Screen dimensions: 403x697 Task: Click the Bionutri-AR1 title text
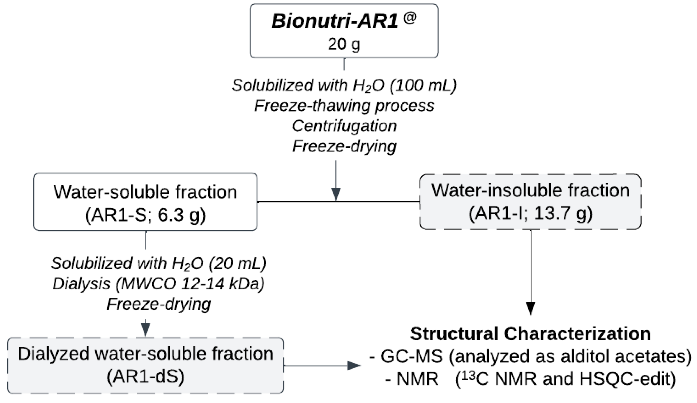(335, 22)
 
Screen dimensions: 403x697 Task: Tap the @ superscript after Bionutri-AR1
(410, 18)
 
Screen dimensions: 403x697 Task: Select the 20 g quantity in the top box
(344, 44)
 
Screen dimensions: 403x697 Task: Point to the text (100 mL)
(423, 85)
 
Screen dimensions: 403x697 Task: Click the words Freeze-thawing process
(344, 106)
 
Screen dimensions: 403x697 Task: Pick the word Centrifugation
(344, 126)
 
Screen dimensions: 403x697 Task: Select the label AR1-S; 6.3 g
(146, 215)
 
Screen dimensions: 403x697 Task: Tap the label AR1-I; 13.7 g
(530, 214)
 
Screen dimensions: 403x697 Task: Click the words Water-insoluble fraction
(530, 191)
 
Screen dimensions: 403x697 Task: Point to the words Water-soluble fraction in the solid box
(146, 192)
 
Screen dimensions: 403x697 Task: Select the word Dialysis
(82, 284)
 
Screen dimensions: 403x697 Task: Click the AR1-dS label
(146, 377)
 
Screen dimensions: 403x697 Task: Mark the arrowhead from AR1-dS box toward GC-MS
(354, 366)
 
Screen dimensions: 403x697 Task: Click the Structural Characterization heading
(530, 334)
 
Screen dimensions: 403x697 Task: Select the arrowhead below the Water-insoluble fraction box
(530, 309)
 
